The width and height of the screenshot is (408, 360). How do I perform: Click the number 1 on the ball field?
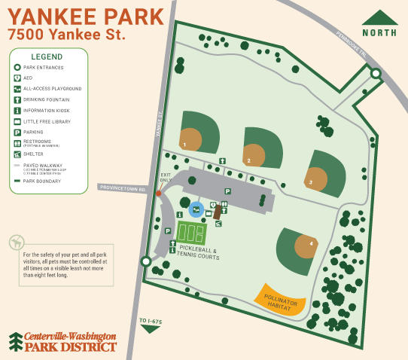184,144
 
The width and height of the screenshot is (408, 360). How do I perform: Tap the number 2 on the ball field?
248,160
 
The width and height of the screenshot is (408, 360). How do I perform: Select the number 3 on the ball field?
310,182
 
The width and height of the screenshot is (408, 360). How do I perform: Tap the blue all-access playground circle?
196,209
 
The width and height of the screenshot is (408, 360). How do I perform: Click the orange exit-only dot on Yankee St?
158,194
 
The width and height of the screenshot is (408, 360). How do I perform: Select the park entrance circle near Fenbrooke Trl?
375,74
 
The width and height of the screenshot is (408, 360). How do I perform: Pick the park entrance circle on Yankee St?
146,261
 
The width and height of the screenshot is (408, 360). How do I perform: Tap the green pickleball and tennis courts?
192,232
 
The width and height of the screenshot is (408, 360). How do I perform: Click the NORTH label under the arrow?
380,32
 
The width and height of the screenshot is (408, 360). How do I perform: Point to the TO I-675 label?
151,322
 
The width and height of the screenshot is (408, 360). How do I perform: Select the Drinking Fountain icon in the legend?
17,99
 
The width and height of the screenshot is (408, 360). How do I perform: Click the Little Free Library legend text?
47,121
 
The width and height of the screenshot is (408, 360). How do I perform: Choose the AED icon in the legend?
17,78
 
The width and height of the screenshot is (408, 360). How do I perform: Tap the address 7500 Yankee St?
66,35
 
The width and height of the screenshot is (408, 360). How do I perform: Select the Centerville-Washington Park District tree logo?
15,341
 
